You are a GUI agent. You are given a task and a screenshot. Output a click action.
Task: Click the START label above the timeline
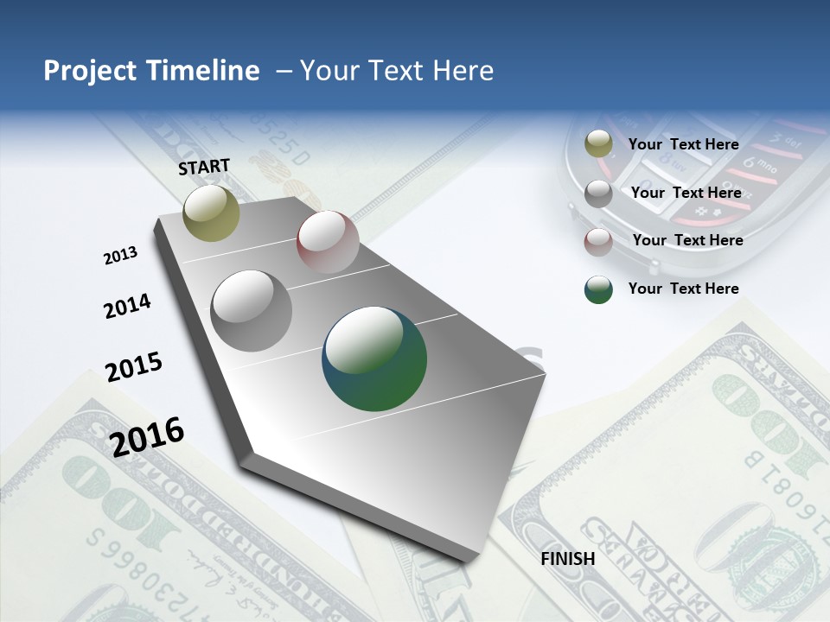coord(204,167)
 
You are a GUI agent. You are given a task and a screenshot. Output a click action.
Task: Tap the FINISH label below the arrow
coord(568,559)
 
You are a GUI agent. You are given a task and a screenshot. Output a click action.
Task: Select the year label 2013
coord(120,256)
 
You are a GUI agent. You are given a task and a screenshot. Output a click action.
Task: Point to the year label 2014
coord(127,307)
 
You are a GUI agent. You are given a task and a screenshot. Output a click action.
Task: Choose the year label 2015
coord(134,367)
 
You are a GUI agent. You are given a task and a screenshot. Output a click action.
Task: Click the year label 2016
coord(148,436)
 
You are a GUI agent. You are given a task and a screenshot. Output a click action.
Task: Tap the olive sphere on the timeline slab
coord(211,213)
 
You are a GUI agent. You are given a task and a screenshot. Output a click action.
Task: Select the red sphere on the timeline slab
coord(328,242)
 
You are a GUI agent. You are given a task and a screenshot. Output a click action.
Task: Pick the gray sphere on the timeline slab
coord(252,311)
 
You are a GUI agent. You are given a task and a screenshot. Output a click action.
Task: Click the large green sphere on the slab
coord(374,359)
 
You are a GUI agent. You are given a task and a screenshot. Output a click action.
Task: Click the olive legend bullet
coord(598,145)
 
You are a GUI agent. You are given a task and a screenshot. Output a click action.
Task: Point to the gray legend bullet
coord(598,194)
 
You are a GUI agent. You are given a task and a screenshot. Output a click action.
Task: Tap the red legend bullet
coord(598,242)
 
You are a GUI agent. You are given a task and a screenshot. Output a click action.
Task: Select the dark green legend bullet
coord(598,289)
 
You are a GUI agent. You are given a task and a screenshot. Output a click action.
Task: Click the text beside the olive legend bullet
coord(684,145)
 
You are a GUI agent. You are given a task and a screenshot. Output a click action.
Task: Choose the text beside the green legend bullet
coord(684,289)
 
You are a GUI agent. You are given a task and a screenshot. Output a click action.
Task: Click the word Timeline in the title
coord(206,71)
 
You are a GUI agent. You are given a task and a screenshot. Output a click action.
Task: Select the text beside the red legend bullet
coord(687,240)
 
